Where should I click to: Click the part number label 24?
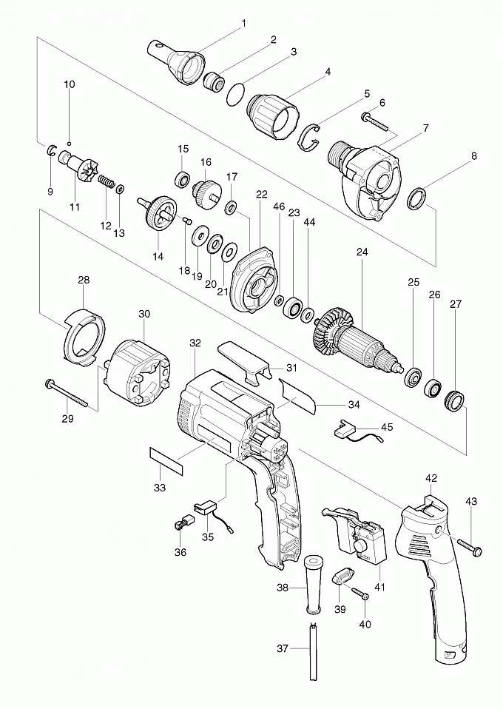click(x=362, y=252)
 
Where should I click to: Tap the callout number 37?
click(x=282, y=648)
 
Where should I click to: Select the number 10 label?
click(x=69, y=84)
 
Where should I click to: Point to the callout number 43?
click(x=471, y=502)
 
